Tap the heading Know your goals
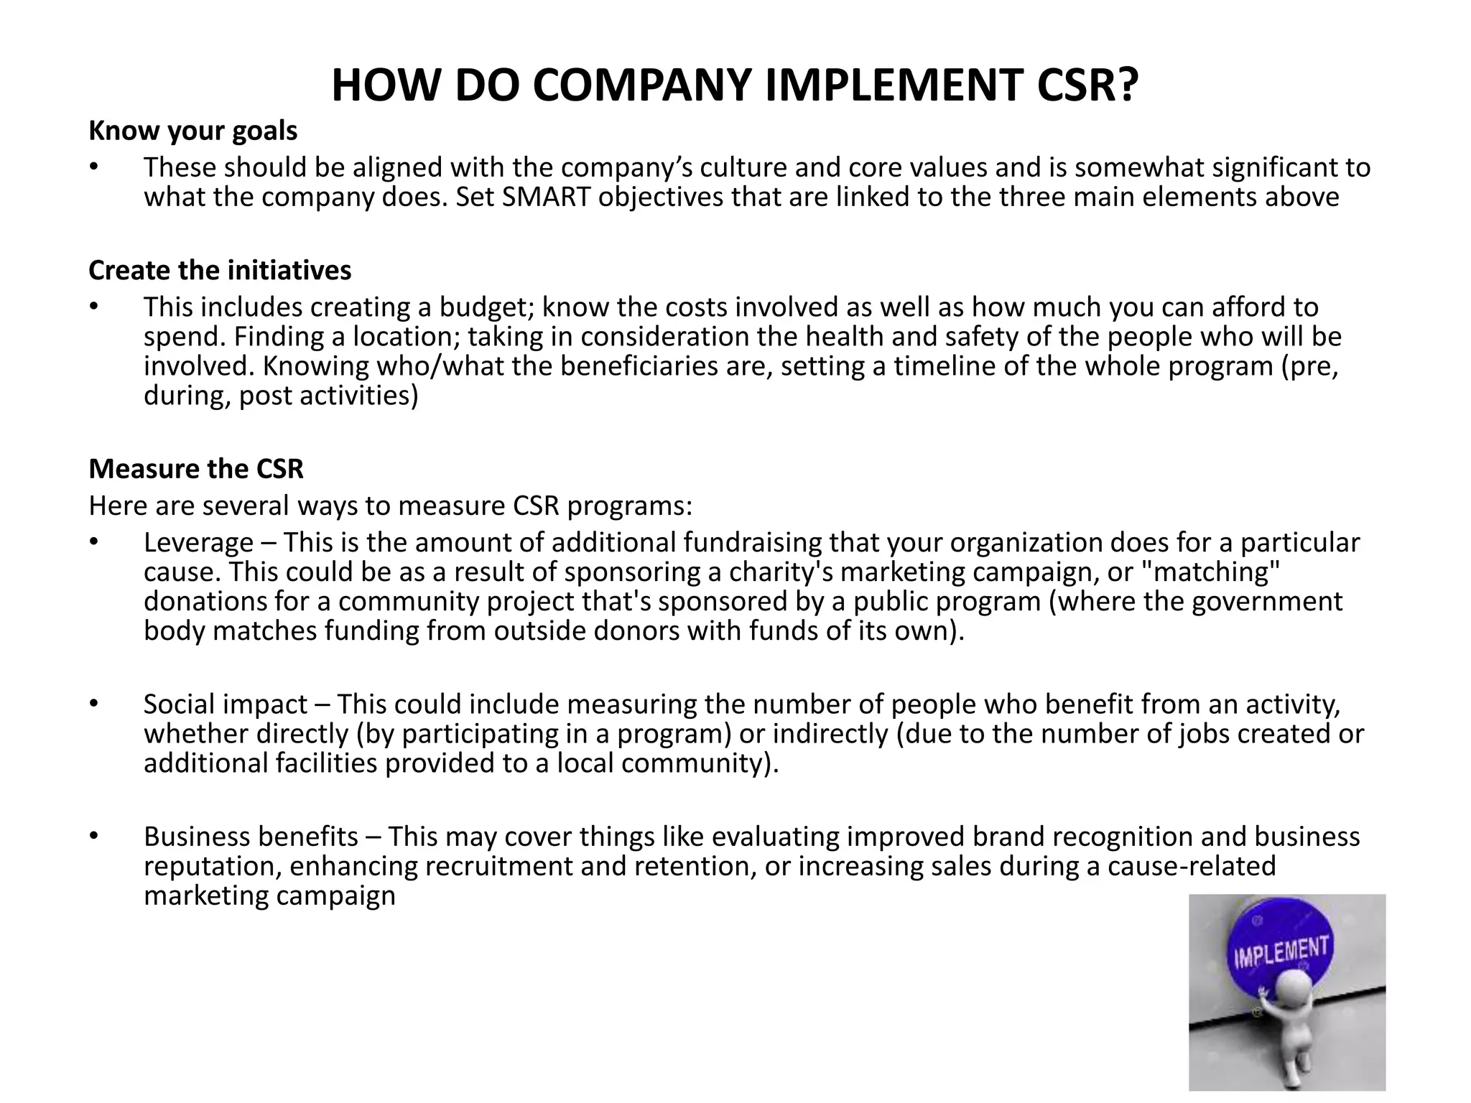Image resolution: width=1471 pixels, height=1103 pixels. tap(192, 131)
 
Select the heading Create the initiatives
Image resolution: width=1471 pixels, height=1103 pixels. tap(220, 271)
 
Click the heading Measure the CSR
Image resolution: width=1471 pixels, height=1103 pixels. tap(196, 469)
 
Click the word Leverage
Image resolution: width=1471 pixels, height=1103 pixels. tap(198, 543)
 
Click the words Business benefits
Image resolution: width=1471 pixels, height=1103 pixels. tap(251, 837)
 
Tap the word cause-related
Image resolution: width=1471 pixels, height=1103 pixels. tap(1192, 867)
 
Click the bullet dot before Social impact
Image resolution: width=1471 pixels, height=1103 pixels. tap(93, 704)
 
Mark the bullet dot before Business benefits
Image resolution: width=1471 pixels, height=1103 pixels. tap(93, 837)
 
